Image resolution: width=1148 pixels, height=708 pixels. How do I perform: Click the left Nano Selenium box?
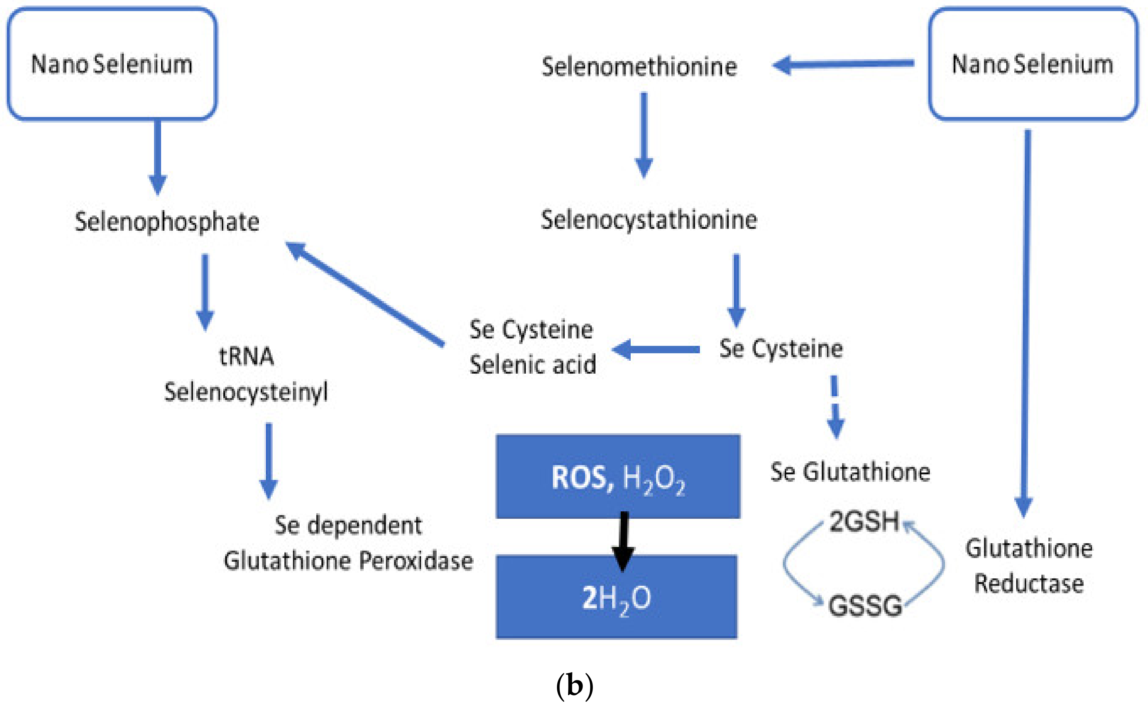click(111, 64)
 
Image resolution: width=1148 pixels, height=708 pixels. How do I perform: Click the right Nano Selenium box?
click(1033, 64)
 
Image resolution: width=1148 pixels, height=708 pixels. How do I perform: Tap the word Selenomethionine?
click(639, 67)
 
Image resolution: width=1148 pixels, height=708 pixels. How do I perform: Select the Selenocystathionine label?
click(648, 220)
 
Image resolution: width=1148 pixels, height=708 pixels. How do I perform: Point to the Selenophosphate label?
click(167, 221)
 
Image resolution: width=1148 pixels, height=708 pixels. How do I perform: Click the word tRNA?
click(246, 356)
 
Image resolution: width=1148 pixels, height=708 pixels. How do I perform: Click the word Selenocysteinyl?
click(246, 391)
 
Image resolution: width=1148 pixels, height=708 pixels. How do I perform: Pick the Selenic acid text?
click(533, 364)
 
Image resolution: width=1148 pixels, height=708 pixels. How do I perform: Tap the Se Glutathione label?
click(850, 471)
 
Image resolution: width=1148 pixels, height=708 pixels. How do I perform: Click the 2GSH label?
click(864, 521)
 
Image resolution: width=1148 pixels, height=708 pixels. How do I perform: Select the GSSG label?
click(865, 605)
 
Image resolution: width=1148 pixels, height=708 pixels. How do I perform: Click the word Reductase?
click(1029, 584)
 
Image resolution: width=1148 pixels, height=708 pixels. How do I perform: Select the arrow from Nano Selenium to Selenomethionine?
click(843, 64)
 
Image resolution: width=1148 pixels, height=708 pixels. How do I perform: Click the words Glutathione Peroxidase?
click(348, 561)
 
